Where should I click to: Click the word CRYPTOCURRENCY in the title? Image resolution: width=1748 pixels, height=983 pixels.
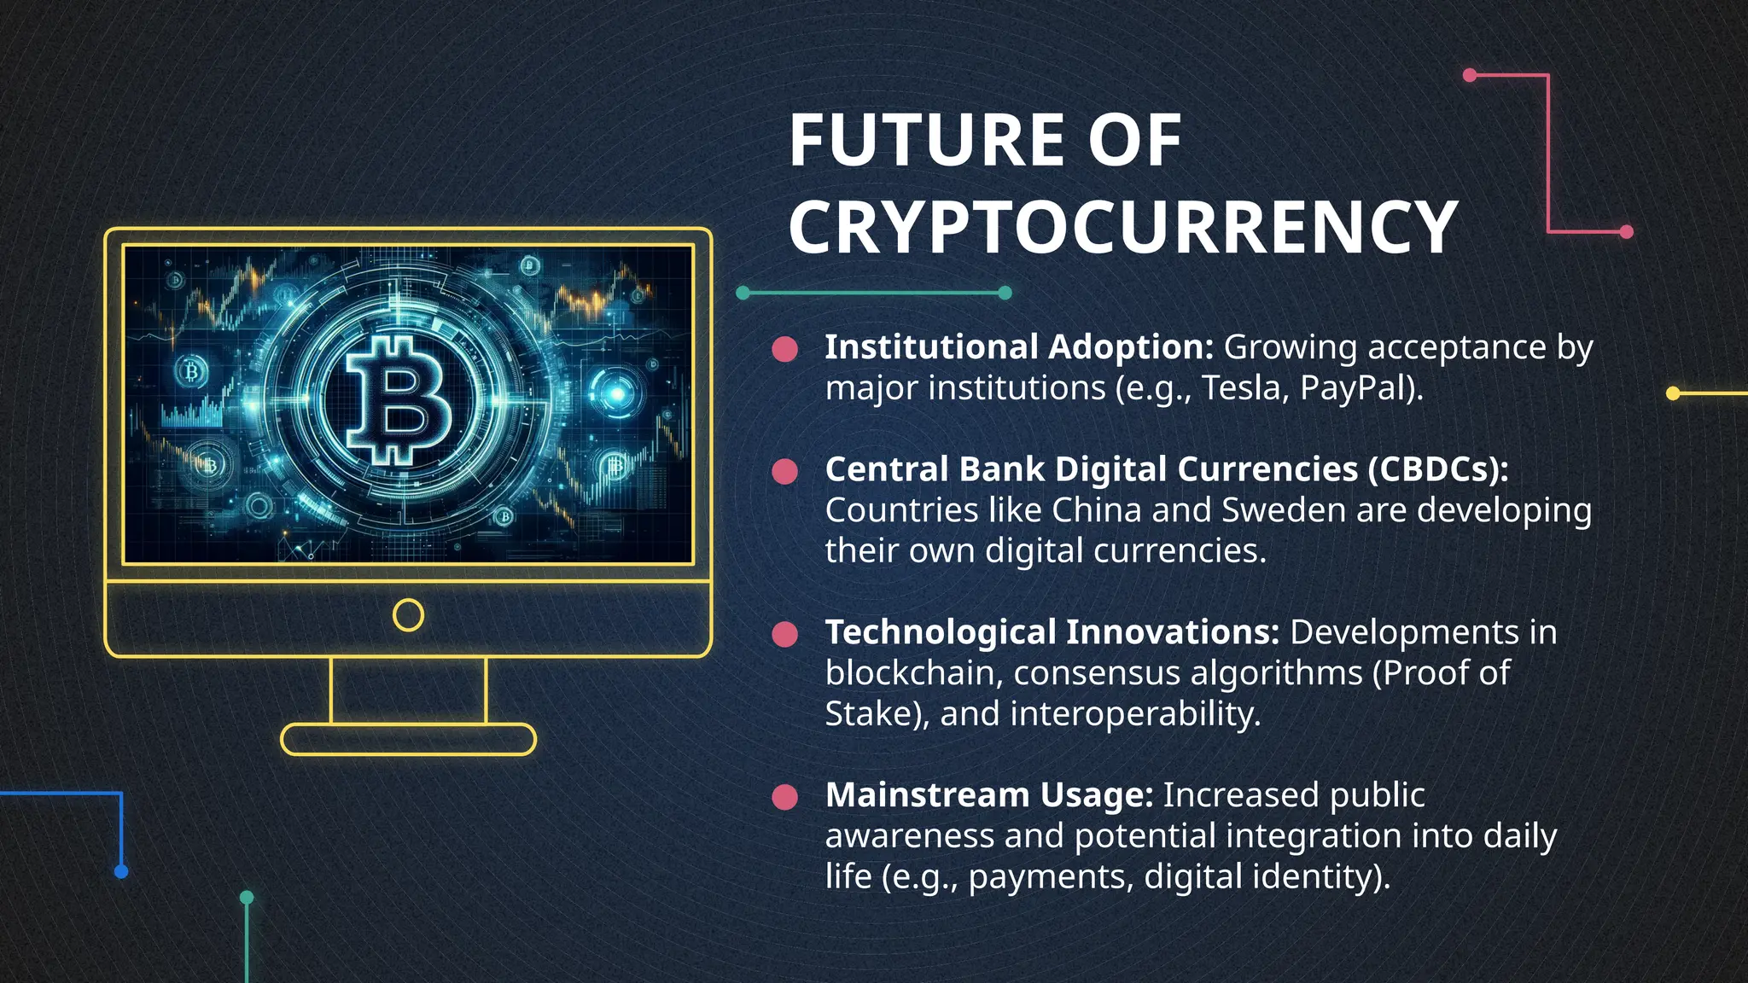1122,228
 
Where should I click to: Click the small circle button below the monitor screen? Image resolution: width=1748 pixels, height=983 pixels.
408,615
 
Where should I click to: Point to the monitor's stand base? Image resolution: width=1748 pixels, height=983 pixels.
408,739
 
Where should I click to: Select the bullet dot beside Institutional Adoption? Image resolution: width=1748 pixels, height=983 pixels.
784,348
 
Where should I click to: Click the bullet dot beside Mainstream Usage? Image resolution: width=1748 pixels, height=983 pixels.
784,796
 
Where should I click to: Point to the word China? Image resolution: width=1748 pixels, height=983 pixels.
1096,510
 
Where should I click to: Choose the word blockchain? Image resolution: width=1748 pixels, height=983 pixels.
910,673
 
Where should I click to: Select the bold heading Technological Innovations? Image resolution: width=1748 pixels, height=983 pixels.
1052,632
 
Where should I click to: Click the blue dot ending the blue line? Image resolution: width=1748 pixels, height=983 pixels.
121,871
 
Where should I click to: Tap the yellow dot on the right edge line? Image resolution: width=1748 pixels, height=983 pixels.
1673,393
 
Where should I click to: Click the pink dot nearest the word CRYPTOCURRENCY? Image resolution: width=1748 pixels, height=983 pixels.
1626,231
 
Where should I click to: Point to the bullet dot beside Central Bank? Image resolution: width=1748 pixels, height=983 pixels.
784,471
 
